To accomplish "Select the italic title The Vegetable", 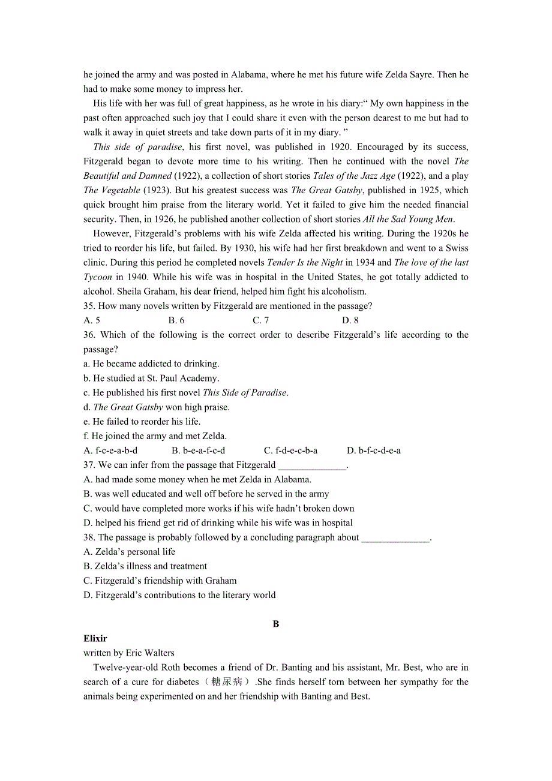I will pos(112,190).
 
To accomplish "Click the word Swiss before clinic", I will pos(457,248).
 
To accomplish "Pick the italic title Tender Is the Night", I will pos(305,262).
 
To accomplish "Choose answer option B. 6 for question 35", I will pos(176,320).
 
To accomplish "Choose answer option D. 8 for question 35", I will pos(350,320).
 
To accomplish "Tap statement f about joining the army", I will pos(155,436).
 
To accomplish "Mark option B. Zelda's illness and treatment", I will pos(145,566).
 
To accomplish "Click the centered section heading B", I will pos(276,624).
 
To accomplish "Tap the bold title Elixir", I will pos(95,638).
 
